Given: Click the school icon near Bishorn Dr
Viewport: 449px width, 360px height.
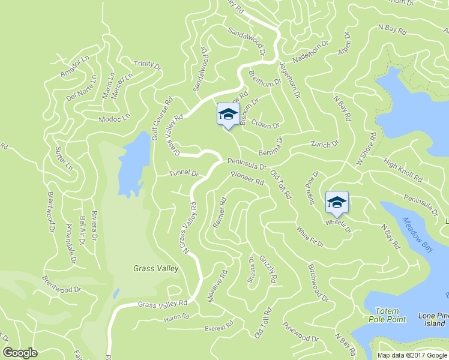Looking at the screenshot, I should (x=228, y=113).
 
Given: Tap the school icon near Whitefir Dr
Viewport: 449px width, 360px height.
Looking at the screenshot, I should (x=337, y=202).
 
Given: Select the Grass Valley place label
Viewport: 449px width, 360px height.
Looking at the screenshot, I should (x=155, y=269).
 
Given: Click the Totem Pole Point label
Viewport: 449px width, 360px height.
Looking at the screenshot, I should (x=390, y=315).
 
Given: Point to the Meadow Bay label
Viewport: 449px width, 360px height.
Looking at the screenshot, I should (x=416, y=235).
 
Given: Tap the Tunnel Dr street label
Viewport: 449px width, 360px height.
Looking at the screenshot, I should (x=183, y=173).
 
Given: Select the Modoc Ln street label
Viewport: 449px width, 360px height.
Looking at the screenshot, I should (x=114, y=119).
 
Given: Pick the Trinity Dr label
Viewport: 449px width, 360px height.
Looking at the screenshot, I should (x=147, y=64).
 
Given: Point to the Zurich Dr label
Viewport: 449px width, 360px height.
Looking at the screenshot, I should (x=325, y=145).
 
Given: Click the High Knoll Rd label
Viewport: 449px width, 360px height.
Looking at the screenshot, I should (x=403, y=170).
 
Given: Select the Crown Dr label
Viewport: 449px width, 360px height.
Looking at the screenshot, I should (x=265, y=124).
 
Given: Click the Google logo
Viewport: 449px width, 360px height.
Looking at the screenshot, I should (x=20, y=353).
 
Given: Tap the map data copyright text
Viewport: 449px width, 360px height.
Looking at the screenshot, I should (x=412, y=355).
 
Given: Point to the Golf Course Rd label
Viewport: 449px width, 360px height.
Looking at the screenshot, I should (x=161, y=118).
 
